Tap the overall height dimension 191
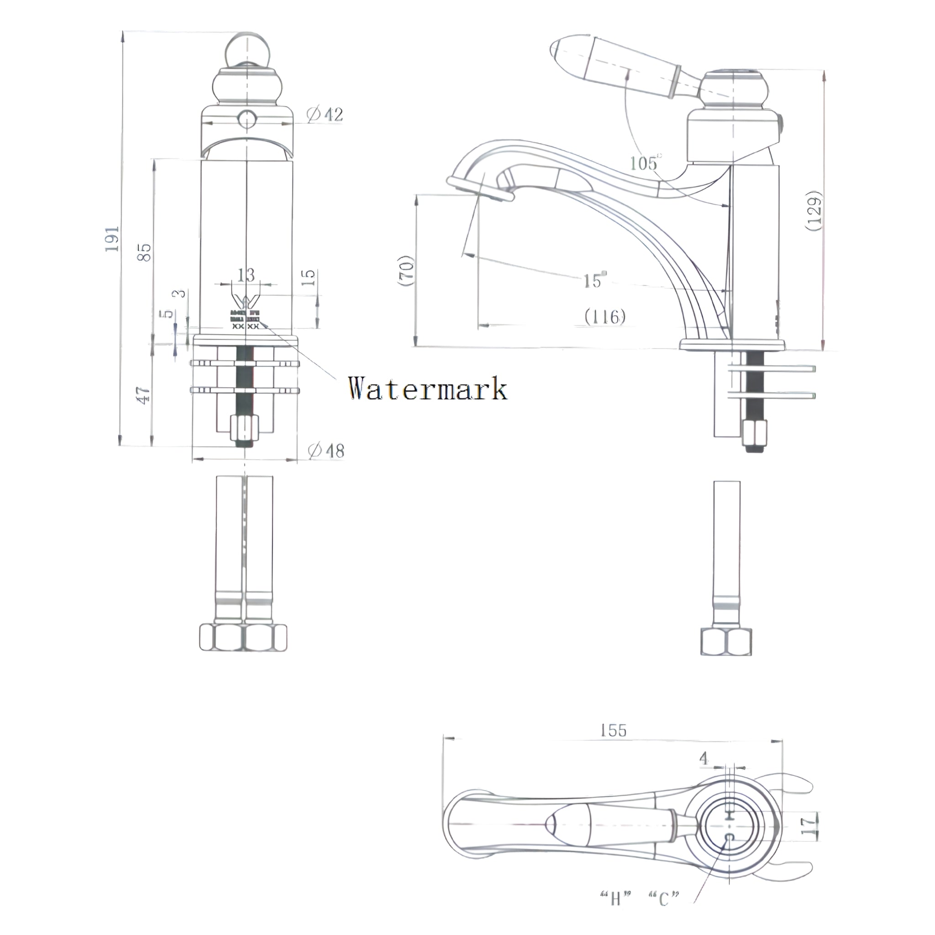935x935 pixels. tap(112, 238)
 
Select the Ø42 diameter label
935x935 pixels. tap(325, 114)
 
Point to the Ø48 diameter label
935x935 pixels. tap(326, 451)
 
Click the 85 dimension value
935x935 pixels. tap(144, 252)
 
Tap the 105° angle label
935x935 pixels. tap(645, 163)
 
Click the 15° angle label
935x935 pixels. tap(594, 280)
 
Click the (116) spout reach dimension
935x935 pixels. tap(605, 317)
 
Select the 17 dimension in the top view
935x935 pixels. tap(808, 826)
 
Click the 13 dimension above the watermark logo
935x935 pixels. tap(246, 275)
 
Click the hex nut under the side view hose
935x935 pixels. tap(726, 642)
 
